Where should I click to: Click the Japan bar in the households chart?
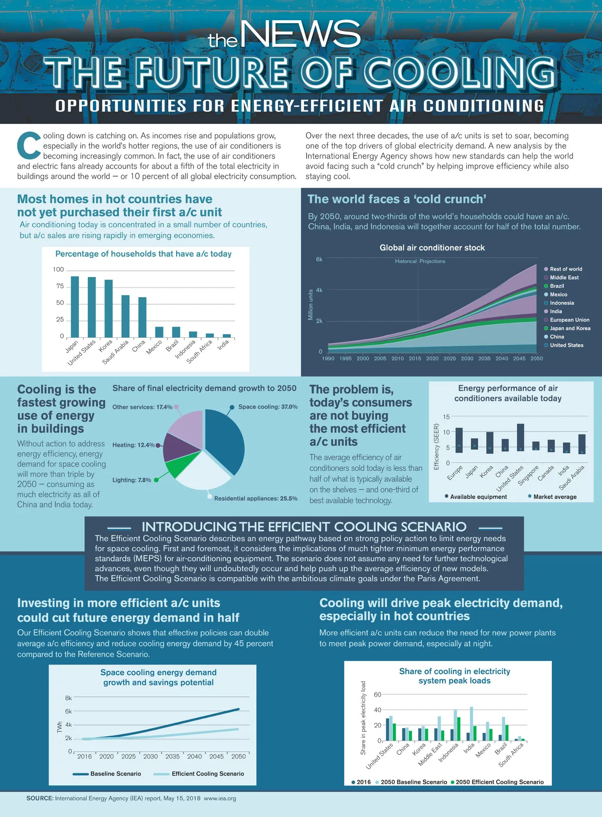pos(75,307)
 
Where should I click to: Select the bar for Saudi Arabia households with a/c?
pos(125,316)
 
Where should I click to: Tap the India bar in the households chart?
pos(227,336)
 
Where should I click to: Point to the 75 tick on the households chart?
pos(60,287)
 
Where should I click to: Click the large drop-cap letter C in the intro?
pos(29,146)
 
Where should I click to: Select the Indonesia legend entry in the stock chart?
pos(561,303)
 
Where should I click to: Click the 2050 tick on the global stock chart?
pos(536,358)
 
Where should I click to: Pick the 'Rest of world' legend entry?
pos(565,269)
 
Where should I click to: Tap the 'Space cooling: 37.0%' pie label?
pos(267,407)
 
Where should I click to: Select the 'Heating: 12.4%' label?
pos(133,445)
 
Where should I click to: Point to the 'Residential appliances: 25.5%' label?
pos(255,498)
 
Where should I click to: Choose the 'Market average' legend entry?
pos(554,497)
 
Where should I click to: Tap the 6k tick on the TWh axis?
pos(68,711)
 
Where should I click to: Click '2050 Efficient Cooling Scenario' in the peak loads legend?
pos(499,782)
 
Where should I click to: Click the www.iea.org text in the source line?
pos(220,798)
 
